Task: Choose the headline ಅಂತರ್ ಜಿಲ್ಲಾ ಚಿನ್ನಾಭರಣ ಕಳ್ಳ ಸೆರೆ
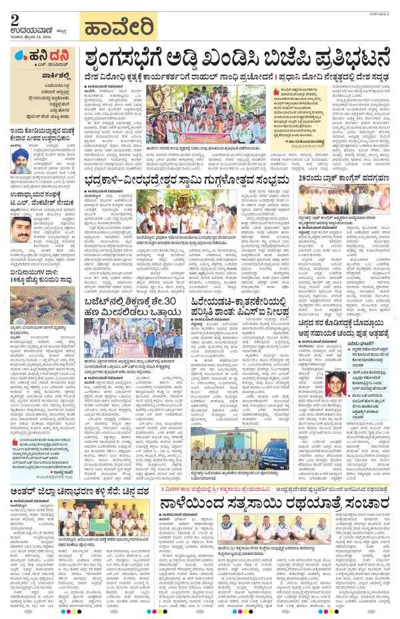pyautogui.click(x=80, y=495)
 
